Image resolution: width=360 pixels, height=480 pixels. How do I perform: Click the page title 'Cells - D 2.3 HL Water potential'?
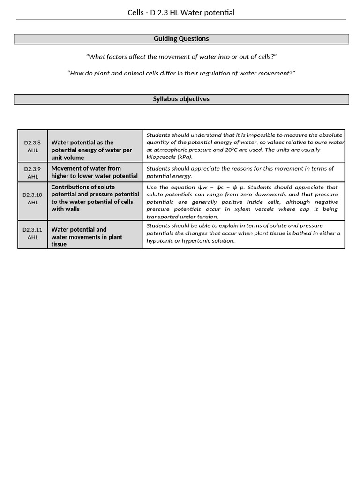(x=181, y=13)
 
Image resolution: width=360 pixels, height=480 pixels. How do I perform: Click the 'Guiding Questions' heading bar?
(x=181, y=39)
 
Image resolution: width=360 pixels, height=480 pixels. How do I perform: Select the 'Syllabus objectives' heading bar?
(x=181, y=99)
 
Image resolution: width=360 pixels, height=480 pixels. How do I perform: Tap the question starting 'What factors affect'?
(x=181, y=57)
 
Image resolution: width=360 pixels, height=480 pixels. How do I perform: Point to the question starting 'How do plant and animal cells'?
(x=181, y=73)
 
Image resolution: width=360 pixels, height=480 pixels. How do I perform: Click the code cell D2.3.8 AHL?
(x=32, y=146)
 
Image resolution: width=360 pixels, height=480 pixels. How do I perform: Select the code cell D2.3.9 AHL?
(x=32, y=172)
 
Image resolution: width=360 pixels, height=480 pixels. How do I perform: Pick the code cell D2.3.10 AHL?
(x=32, y=199)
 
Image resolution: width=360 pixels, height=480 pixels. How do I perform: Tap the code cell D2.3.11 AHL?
(x=32, y=233)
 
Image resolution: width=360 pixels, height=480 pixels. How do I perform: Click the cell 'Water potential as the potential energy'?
(x=95, y=150)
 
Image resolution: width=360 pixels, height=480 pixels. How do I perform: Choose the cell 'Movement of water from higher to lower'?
(x=95, y=172)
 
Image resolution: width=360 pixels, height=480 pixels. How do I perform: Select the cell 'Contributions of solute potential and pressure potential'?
(x=95, y=198)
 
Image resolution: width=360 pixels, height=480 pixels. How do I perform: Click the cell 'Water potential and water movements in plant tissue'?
(x=95, y=237)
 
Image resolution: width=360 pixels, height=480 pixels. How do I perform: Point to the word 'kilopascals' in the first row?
(x=161, y=157)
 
